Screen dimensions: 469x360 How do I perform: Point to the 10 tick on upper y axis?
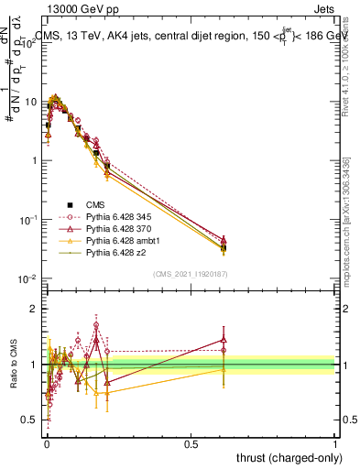(x=34, y=101)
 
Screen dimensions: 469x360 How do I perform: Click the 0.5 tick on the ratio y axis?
(x=34, y=420)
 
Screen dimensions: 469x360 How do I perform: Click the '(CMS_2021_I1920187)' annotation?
(x=190, y=274)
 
